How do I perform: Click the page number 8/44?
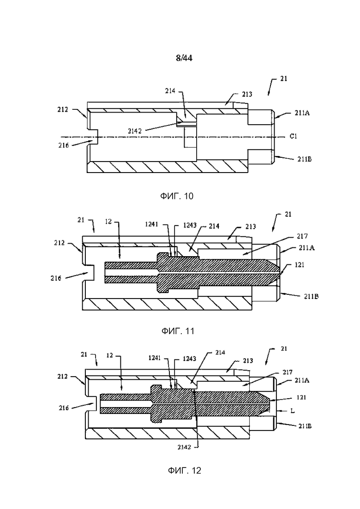click(x=184, y=58)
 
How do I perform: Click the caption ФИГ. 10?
click(x=177, y=196)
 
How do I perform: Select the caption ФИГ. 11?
click(x=178, y=331)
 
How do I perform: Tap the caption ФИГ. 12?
click(x=184, y=470)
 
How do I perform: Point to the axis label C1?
click(x=293, y=136)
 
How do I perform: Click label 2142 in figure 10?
click(x=134, y=131)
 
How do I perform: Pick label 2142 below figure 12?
click(x=184, y=447)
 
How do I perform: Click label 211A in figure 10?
click(x=302, y=113)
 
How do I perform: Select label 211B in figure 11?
click(x=311, y=296)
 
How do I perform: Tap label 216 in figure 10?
click(x=64, y=145)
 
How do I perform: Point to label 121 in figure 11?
click(x=300, y=265)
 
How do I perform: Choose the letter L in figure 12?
click(x=292, y=411)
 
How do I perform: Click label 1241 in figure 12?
click(x=155, y=358)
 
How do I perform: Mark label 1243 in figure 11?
click(x=190, y=225)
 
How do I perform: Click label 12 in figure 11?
click(x=108, y=222)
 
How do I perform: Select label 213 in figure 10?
click(x=247, y=94)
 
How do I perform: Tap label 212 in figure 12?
click(x=62, y=376)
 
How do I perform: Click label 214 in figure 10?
click(x=170, y=90)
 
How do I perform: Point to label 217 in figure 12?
click(x=287, y=372)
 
